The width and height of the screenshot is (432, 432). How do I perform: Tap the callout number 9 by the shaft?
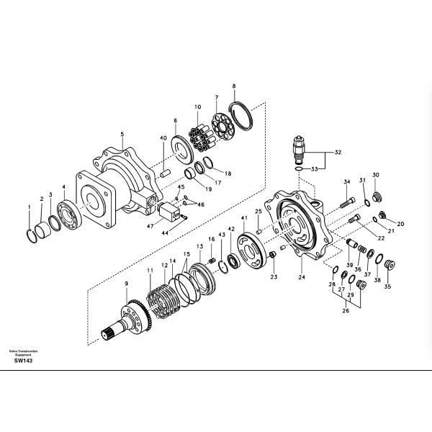pos(127,284)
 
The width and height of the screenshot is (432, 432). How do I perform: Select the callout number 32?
pos(337,153)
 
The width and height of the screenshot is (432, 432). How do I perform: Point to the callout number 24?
pos(302,276)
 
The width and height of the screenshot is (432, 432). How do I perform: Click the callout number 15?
pos(186,255)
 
